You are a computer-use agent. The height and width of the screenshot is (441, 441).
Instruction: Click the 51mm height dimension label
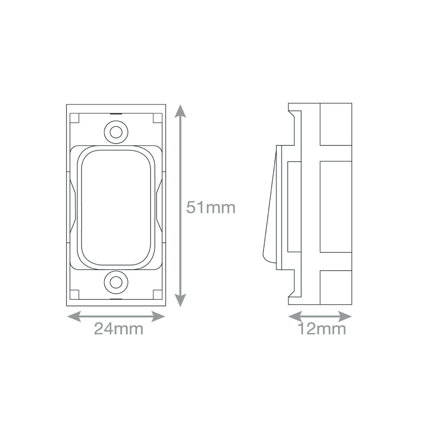coord(211,208)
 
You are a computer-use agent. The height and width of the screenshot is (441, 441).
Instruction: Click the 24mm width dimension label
coord(119,329)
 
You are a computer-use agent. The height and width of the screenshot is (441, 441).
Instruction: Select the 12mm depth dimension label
coord(322,329)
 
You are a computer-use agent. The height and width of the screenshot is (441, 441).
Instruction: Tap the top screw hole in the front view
coord(116,132)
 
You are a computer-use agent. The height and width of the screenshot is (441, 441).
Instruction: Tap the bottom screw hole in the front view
coord(116,282)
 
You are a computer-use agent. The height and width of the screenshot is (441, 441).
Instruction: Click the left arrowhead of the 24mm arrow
coord(74,316)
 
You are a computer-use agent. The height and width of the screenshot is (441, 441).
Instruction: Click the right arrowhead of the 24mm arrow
coord(158,316)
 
